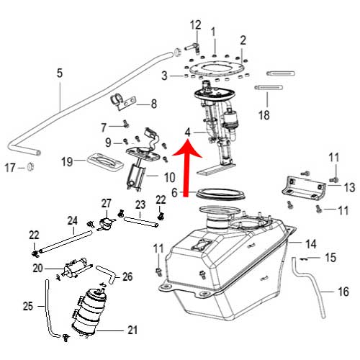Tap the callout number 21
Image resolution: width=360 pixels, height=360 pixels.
(x=132, y=330)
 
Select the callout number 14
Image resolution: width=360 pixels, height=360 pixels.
(x=310, y=244)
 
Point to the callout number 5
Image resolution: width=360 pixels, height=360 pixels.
(x=60, y=73)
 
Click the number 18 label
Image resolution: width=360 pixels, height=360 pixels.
(x=264, y=115)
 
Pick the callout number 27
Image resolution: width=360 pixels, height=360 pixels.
(x=107, y=203)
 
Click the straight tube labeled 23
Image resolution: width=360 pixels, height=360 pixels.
(x=141, y=221)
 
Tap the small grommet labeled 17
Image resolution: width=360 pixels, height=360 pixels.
(x=30, y=166)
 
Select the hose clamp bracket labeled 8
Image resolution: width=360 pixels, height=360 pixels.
(x=123, y=102)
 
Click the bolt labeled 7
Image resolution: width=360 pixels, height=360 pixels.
(x=126, y=124)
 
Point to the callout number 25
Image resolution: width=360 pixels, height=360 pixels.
(x=28, y=306)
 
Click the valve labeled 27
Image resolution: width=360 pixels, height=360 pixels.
(x=106, y=222)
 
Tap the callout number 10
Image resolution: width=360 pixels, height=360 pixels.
(x=169, y=178)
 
